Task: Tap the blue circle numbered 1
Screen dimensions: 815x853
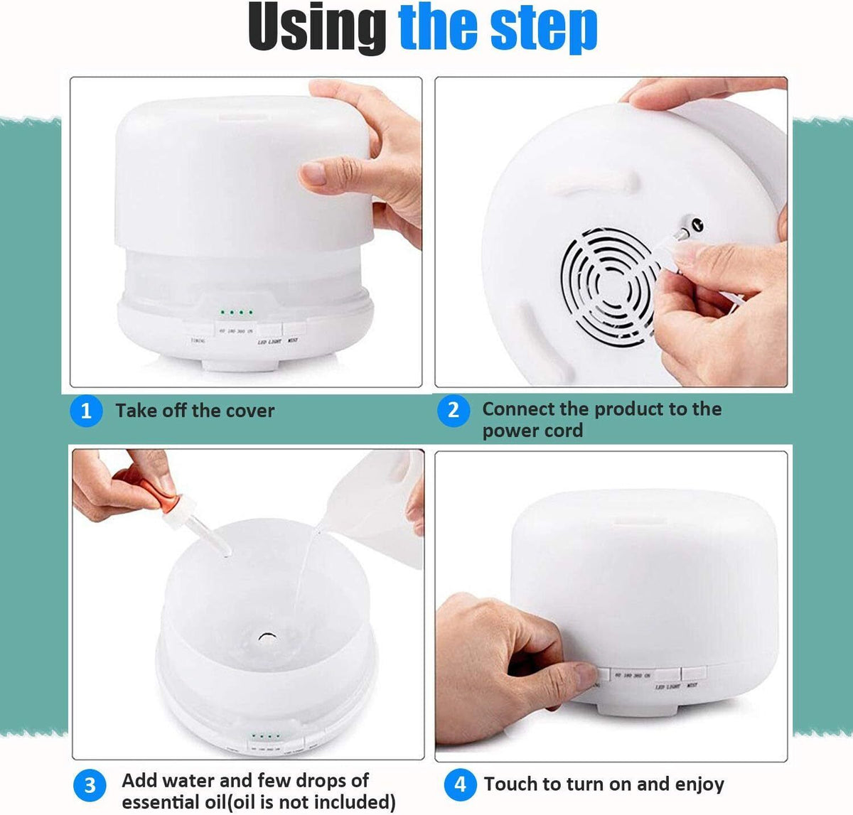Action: point(86,411)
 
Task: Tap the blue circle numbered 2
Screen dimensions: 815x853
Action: point(453,410)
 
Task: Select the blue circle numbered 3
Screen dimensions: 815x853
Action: point(90,785)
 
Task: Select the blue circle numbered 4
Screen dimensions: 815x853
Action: point(460,784)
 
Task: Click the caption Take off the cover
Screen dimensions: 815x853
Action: point(195,411)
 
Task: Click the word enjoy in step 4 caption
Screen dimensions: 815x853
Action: point(699,784)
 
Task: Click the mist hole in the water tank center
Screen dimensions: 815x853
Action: point(269,635)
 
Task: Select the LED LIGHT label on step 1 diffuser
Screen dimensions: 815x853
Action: point(269,342)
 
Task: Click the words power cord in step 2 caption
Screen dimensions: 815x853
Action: point(532,431)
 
